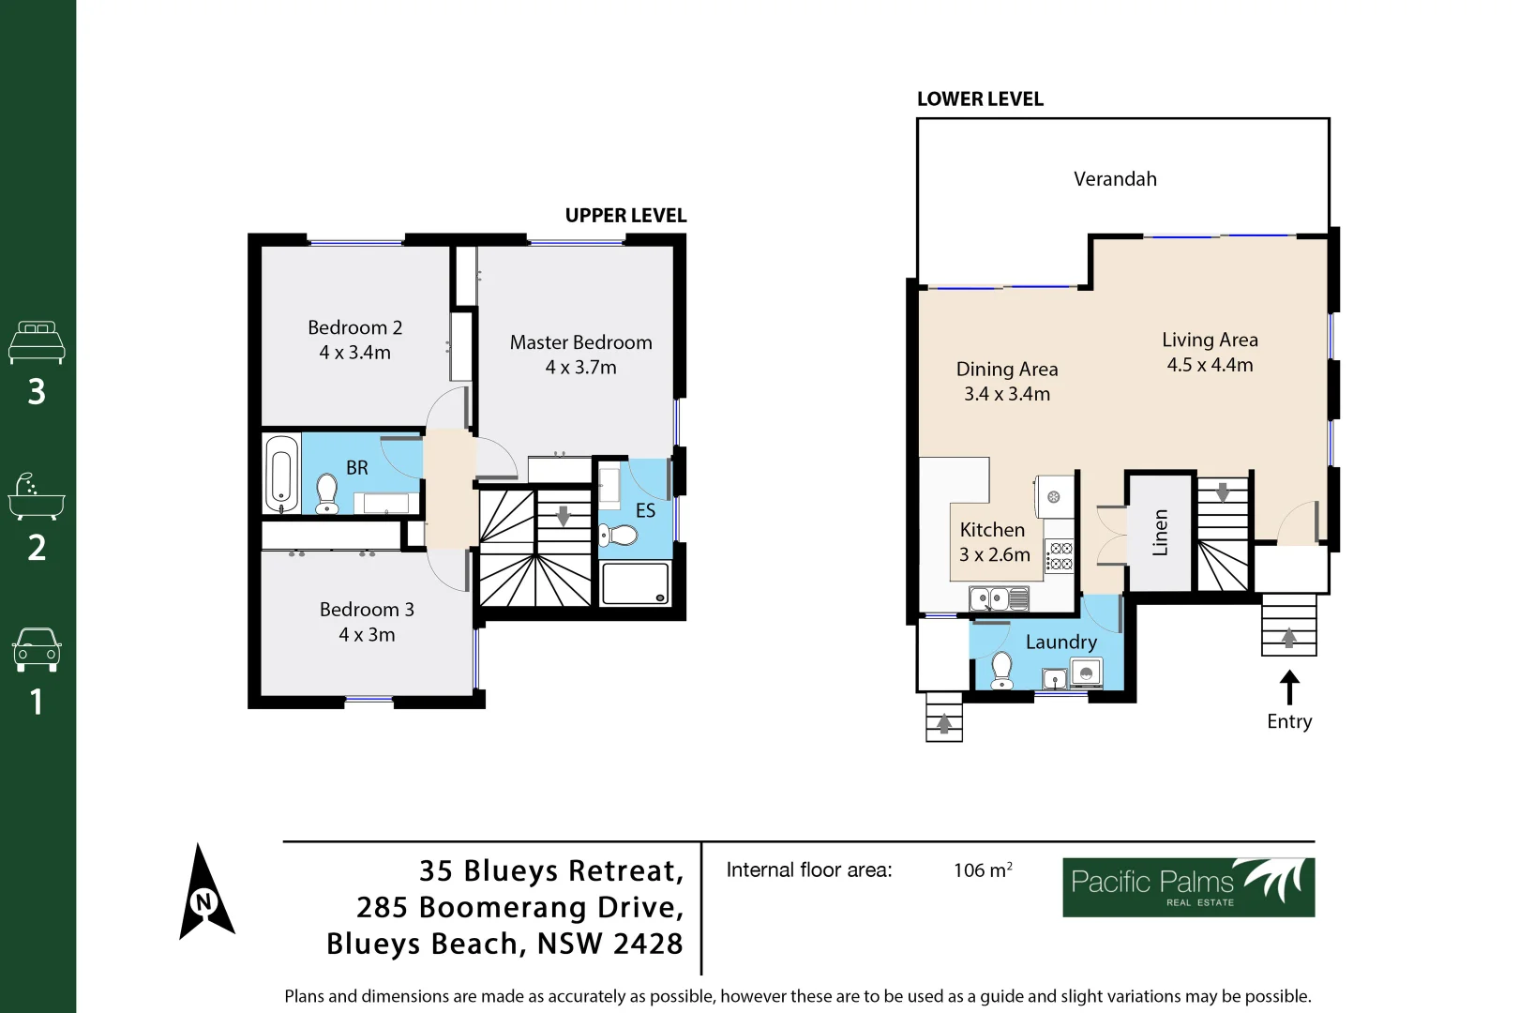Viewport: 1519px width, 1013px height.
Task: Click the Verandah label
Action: (1114, 179)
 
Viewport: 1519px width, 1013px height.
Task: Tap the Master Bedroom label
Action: (580, 342)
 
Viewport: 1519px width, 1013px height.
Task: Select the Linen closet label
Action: (1160, 533)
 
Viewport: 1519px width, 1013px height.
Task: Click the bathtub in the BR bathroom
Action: (281, 475)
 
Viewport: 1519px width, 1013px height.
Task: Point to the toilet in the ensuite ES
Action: (619, 536)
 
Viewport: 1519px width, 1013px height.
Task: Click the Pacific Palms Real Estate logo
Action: (1187, 887)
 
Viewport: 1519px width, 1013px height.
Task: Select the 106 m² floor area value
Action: (982, 870)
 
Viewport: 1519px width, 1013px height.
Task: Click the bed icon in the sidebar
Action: (37, 343)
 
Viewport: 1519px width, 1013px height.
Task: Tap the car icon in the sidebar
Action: (37, 649)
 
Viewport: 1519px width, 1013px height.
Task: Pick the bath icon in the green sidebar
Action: (37, 497)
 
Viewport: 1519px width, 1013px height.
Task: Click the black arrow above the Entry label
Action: (1289, 687)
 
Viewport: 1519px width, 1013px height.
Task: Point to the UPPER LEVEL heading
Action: (625, 216)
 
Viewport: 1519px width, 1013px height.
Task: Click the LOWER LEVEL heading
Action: (980, 99)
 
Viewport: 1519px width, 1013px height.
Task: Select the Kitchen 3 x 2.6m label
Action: (994, 542)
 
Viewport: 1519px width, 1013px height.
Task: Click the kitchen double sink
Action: (999, 597)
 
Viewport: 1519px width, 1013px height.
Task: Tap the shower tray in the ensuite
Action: (636, 583)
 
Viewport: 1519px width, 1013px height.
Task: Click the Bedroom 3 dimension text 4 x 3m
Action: (367, 635)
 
